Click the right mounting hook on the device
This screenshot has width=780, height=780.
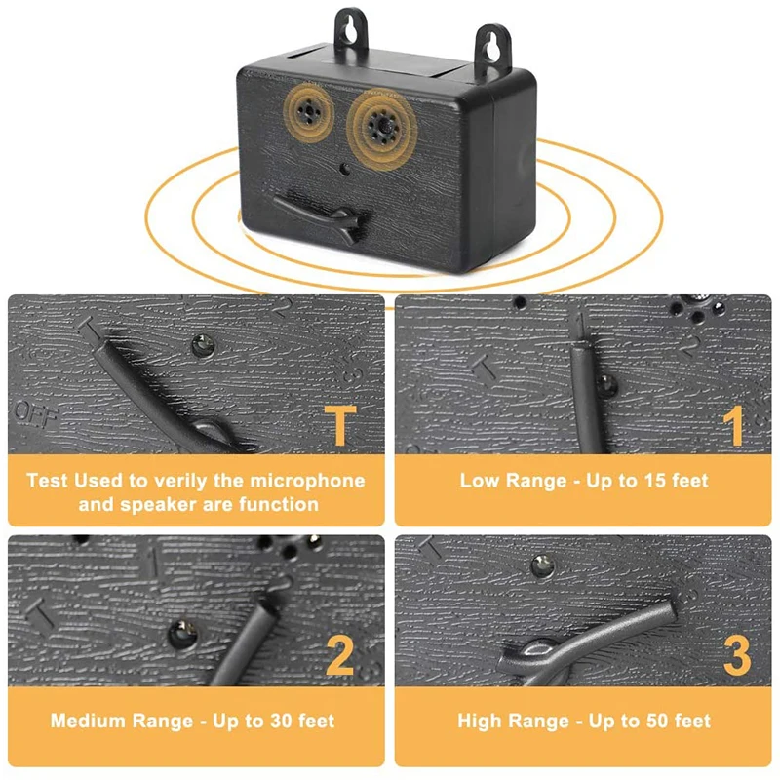point(492,48)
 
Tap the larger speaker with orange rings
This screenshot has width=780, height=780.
point(382,126)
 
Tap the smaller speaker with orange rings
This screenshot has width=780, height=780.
point(309,113)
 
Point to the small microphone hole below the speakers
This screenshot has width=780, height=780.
point(344,169)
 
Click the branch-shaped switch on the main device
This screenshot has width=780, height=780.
point(323,217)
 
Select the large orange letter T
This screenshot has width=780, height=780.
point(340,425)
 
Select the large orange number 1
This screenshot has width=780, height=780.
point(734,425)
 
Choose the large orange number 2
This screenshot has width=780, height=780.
point(339,655)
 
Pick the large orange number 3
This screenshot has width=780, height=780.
point(737,655)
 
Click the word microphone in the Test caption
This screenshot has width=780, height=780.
point(307,481)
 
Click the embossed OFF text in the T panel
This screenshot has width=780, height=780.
point(37,411)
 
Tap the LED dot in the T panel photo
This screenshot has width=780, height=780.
point(203,345)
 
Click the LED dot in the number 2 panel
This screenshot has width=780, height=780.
point(182,634)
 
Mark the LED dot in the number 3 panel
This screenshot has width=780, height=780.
point(543,565)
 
